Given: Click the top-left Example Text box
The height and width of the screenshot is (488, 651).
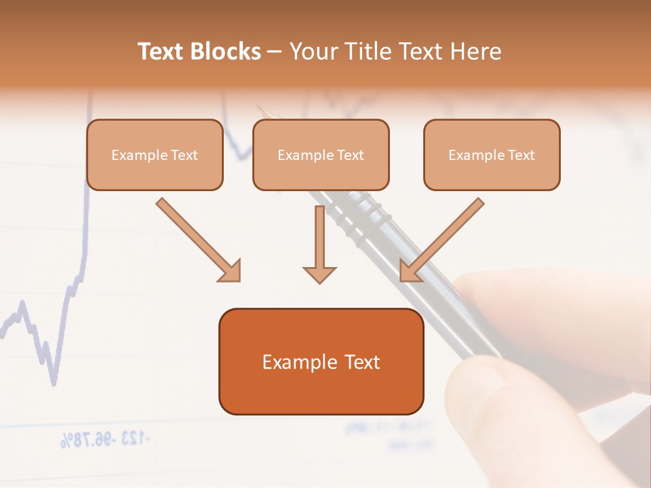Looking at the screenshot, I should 155,155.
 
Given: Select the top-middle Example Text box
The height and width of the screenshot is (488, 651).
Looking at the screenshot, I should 321,155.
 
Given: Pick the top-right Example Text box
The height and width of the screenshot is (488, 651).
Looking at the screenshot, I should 492,155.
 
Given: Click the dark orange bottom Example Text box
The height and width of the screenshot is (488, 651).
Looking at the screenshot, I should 321,361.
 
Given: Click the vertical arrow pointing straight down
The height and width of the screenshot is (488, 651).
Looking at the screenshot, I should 319,244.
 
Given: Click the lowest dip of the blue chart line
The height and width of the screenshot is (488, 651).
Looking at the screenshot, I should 53,384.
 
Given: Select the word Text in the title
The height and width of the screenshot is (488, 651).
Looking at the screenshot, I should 163,52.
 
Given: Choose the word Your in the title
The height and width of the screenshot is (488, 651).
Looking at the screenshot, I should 312,52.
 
